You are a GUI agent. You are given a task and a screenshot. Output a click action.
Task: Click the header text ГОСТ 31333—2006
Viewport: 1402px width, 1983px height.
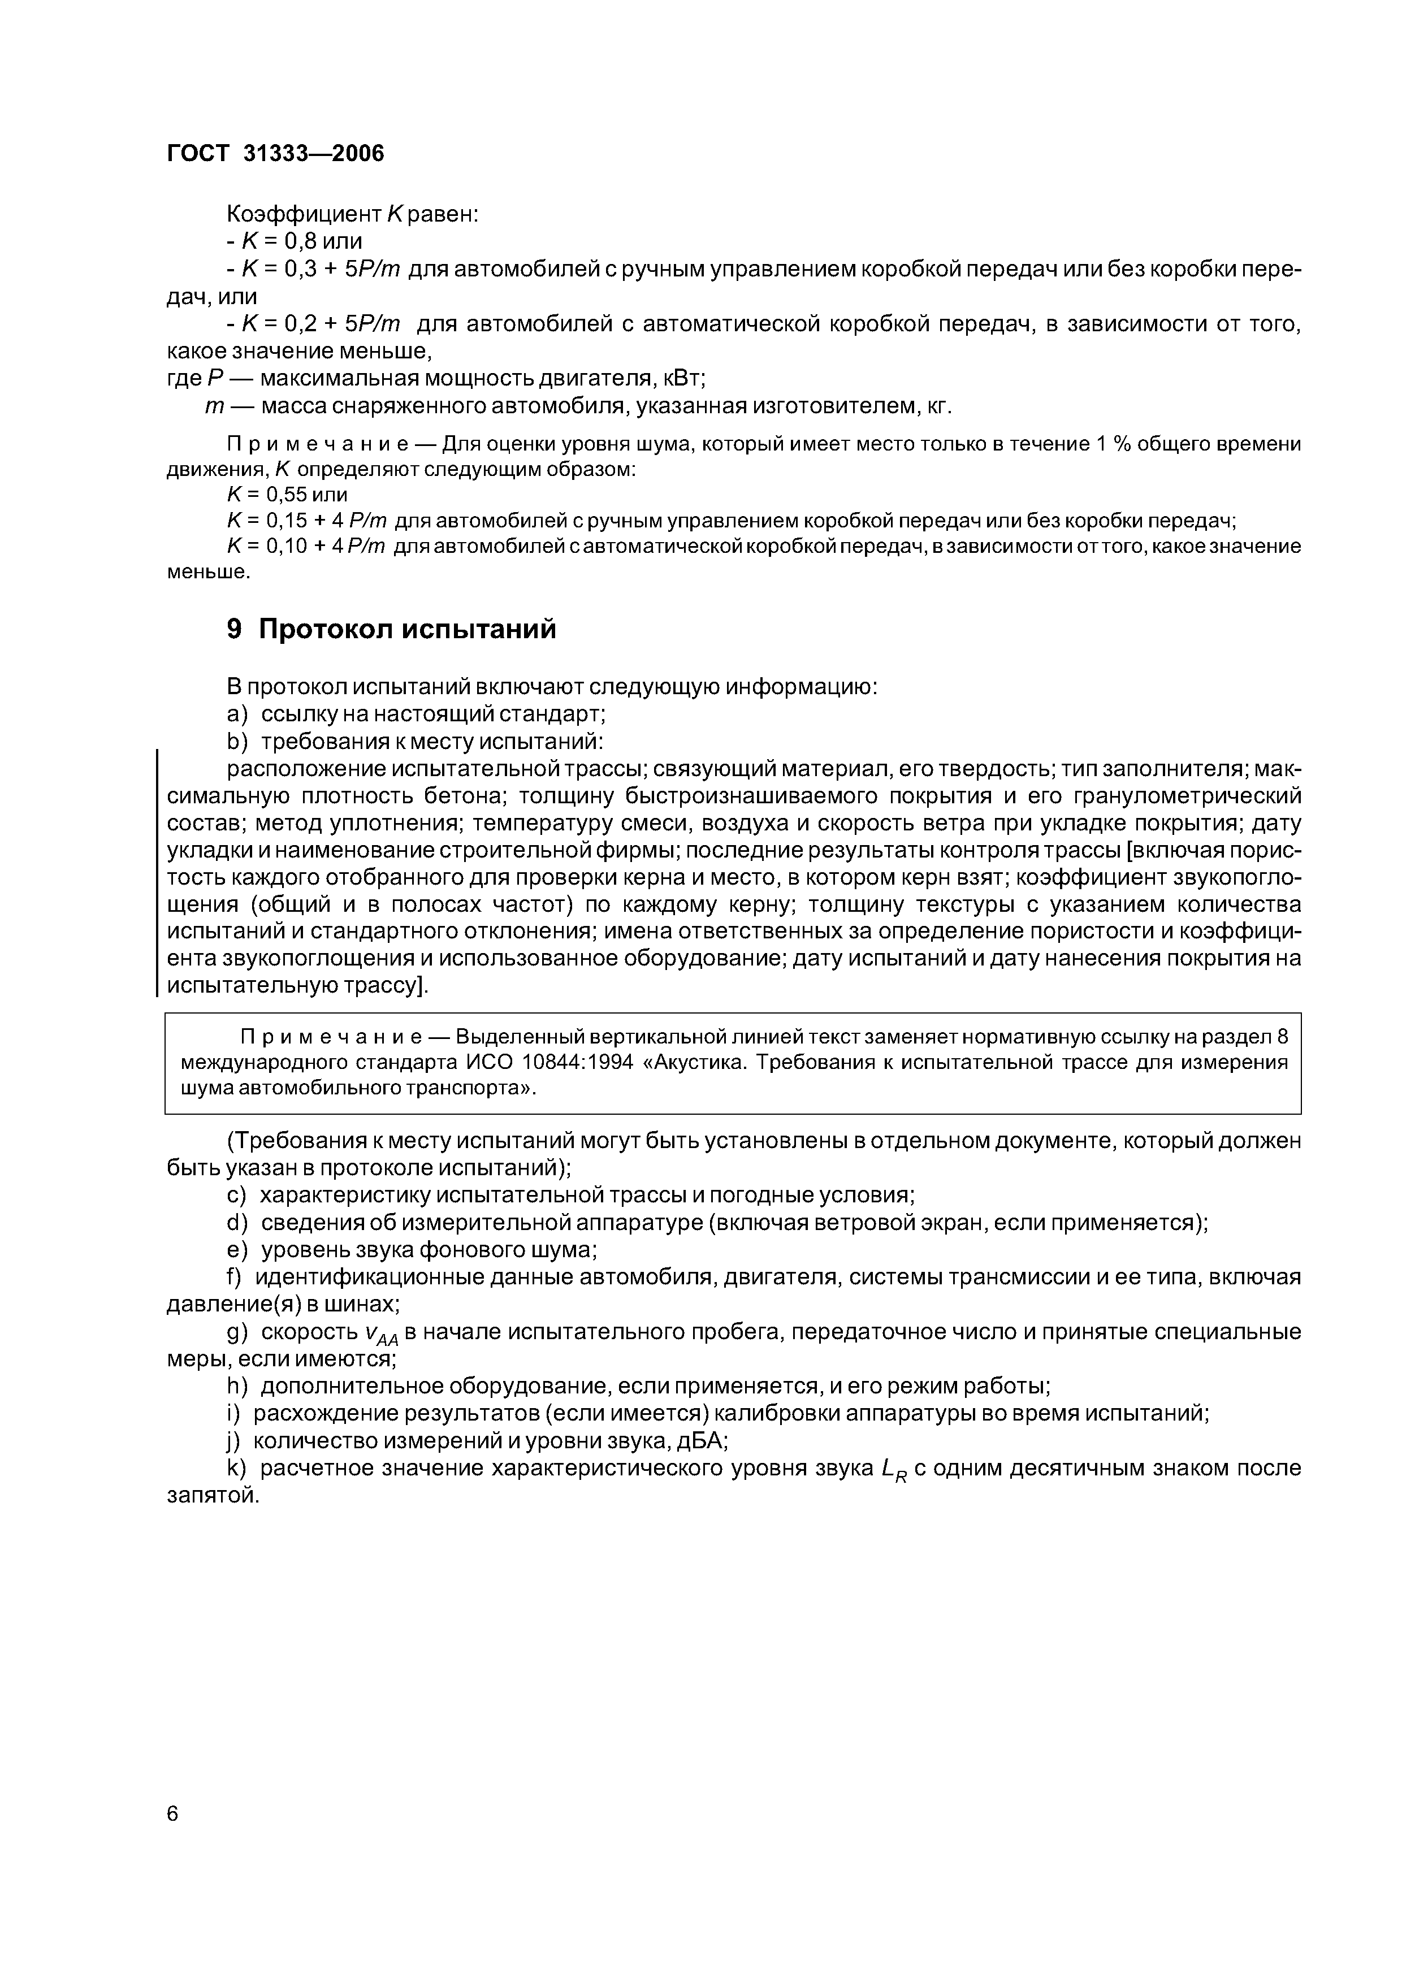pyautogui.click(x=275, y=154)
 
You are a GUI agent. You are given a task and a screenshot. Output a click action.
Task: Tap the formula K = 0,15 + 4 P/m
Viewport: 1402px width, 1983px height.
pyautogui.click(x=306, y=521)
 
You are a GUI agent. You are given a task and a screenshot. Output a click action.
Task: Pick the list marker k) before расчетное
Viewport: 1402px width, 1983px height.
pyautogui.click(x=237, y=1468)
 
